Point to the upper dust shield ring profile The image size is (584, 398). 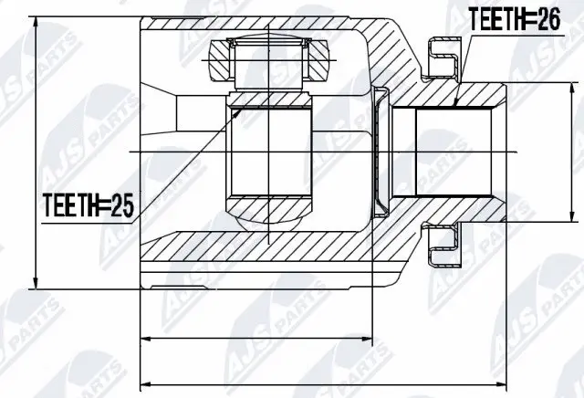[444, 57]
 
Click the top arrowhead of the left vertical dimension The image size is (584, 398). [35, 20]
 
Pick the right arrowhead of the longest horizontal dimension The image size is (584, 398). [504, 380]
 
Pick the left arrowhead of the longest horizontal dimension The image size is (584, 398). [143, 380]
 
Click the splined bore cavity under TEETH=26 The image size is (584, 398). [454, 151]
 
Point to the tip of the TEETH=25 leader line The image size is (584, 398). [239, 108]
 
